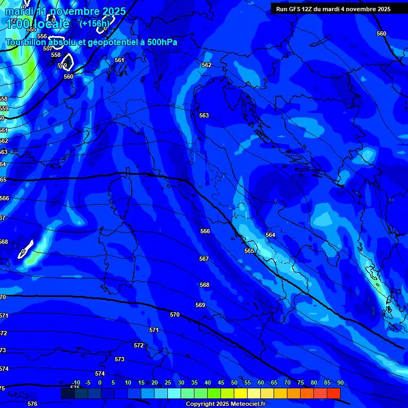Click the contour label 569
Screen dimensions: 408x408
200,305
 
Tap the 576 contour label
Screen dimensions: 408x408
32,404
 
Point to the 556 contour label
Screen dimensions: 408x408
42,36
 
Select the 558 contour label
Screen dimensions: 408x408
56,55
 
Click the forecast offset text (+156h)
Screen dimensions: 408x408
94,23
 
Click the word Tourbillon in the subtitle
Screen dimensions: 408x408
25,42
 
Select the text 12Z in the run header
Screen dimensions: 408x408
307,9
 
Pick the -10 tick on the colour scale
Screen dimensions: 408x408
75,382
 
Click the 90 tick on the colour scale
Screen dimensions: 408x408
340,382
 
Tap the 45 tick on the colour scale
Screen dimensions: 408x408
220,382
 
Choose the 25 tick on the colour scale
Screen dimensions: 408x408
167,382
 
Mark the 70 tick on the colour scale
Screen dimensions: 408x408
287,382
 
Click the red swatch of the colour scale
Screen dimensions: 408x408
333,393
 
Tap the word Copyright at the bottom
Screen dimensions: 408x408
199,404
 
